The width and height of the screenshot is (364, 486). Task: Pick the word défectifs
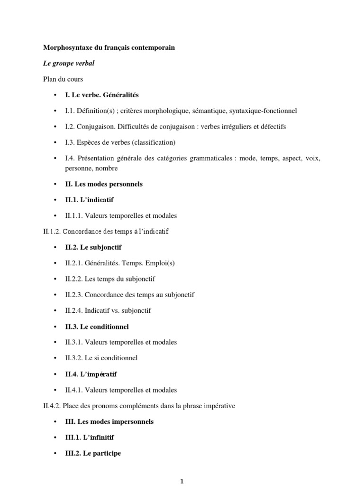coord(272,126)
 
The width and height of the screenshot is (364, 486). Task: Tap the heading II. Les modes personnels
coord(104,184)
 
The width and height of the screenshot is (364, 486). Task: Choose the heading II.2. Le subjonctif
coord(97,247)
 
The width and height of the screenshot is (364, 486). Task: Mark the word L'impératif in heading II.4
coord(100,374)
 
